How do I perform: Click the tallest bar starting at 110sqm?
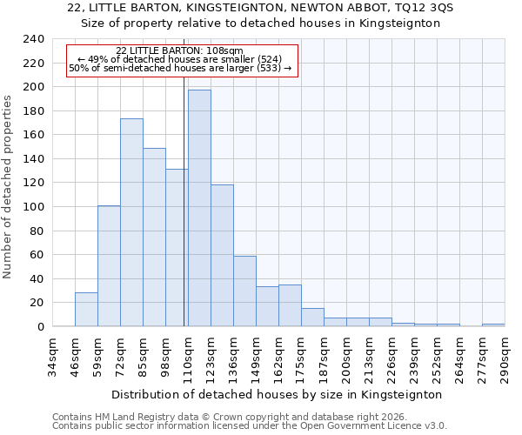199,209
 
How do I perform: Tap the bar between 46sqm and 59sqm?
86,310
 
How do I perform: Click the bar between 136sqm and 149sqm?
244,291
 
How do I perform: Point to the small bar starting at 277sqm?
493,325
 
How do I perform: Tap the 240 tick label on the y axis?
32,39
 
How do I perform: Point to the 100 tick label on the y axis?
32,207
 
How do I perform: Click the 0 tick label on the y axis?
40,327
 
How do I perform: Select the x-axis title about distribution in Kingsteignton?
278,394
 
